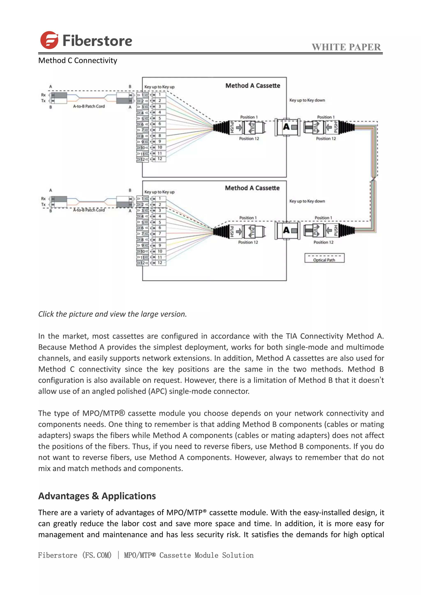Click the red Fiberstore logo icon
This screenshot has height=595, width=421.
49,40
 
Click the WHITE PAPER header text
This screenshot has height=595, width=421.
346,47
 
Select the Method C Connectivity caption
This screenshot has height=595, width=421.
77,60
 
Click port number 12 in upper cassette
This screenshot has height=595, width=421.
160,159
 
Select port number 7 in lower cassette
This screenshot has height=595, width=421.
160,233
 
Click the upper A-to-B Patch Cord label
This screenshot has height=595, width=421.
89,106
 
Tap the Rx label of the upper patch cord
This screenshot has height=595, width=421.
43,95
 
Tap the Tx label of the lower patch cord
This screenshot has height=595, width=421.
43,204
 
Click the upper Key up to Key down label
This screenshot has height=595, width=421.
307,100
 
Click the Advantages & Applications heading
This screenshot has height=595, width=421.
97,496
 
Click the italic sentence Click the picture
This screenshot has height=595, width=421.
112,314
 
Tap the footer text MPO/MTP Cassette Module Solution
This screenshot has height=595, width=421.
189,555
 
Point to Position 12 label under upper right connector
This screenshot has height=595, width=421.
326,139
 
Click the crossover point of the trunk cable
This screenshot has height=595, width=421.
373,179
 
